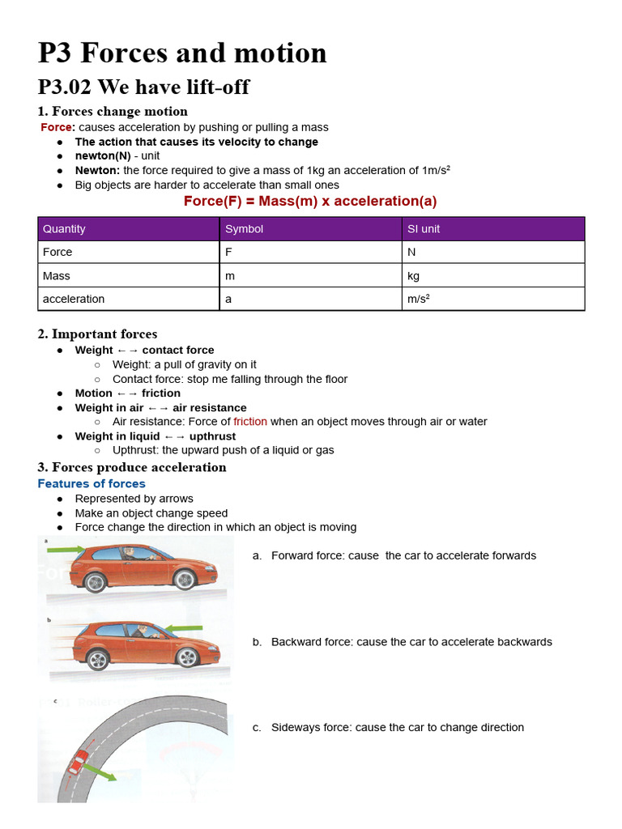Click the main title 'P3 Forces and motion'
pyautogui.click(x=182, y=53)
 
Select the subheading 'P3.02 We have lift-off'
pyautogui.click(x=143, y=87)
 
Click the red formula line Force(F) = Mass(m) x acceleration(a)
pyautogui.click(x=310, y=201)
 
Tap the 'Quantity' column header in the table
pyautogui.click(x=64, y=229)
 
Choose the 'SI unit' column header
pyautogui.click(x=424, y=229)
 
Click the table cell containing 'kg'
pyautogui.click(x=414, y=275)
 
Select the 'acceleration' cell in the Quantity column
pyautogui.click(x=74, y=299)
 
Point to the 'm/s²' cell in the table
pyautogui.click(x=419, y=299)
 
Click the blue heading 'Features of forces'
pyautogui.click(x=92, y=483)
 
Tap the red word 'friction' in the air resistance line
pyautogui.click(x=250, y=421)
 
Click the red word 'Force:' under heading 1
pyautogui.click(x=58, y=127)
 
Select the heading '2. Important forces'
pyautogui.click(x=97, y=334)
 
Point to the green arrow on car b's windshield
pyautogui.click(x=185, y=627)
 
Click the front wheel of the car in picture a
pyautogui.click(x=185, y=580)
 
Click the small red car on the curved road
pyautogui.click(x=79, y=763)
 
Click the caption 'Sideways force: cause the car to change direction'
pyautogui.click(x=397, y=727)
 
